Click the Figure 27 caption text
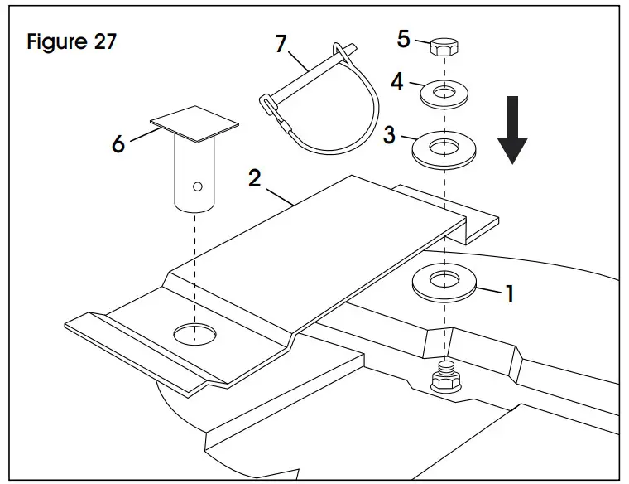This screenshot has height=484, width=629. click(x=71, y=41)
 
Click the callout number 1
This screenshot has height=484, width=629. click(x=510, y=293)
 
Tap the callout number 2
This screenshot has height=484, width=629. click(x=257, y=179)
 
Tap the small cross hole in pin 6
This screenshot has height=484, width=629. click(x=198, y=186)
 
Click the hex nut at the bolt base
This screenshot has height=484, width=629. click(x=446, y=384)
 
